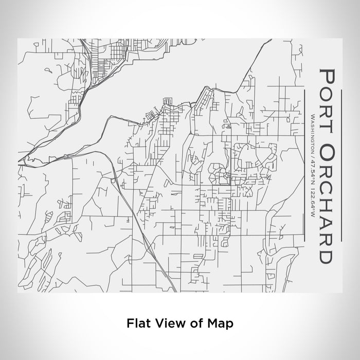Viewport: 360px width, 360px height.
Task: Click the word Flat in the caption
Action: [136, 323]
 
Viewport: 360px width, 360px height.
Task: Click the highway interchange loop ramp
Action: [114, 179]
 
